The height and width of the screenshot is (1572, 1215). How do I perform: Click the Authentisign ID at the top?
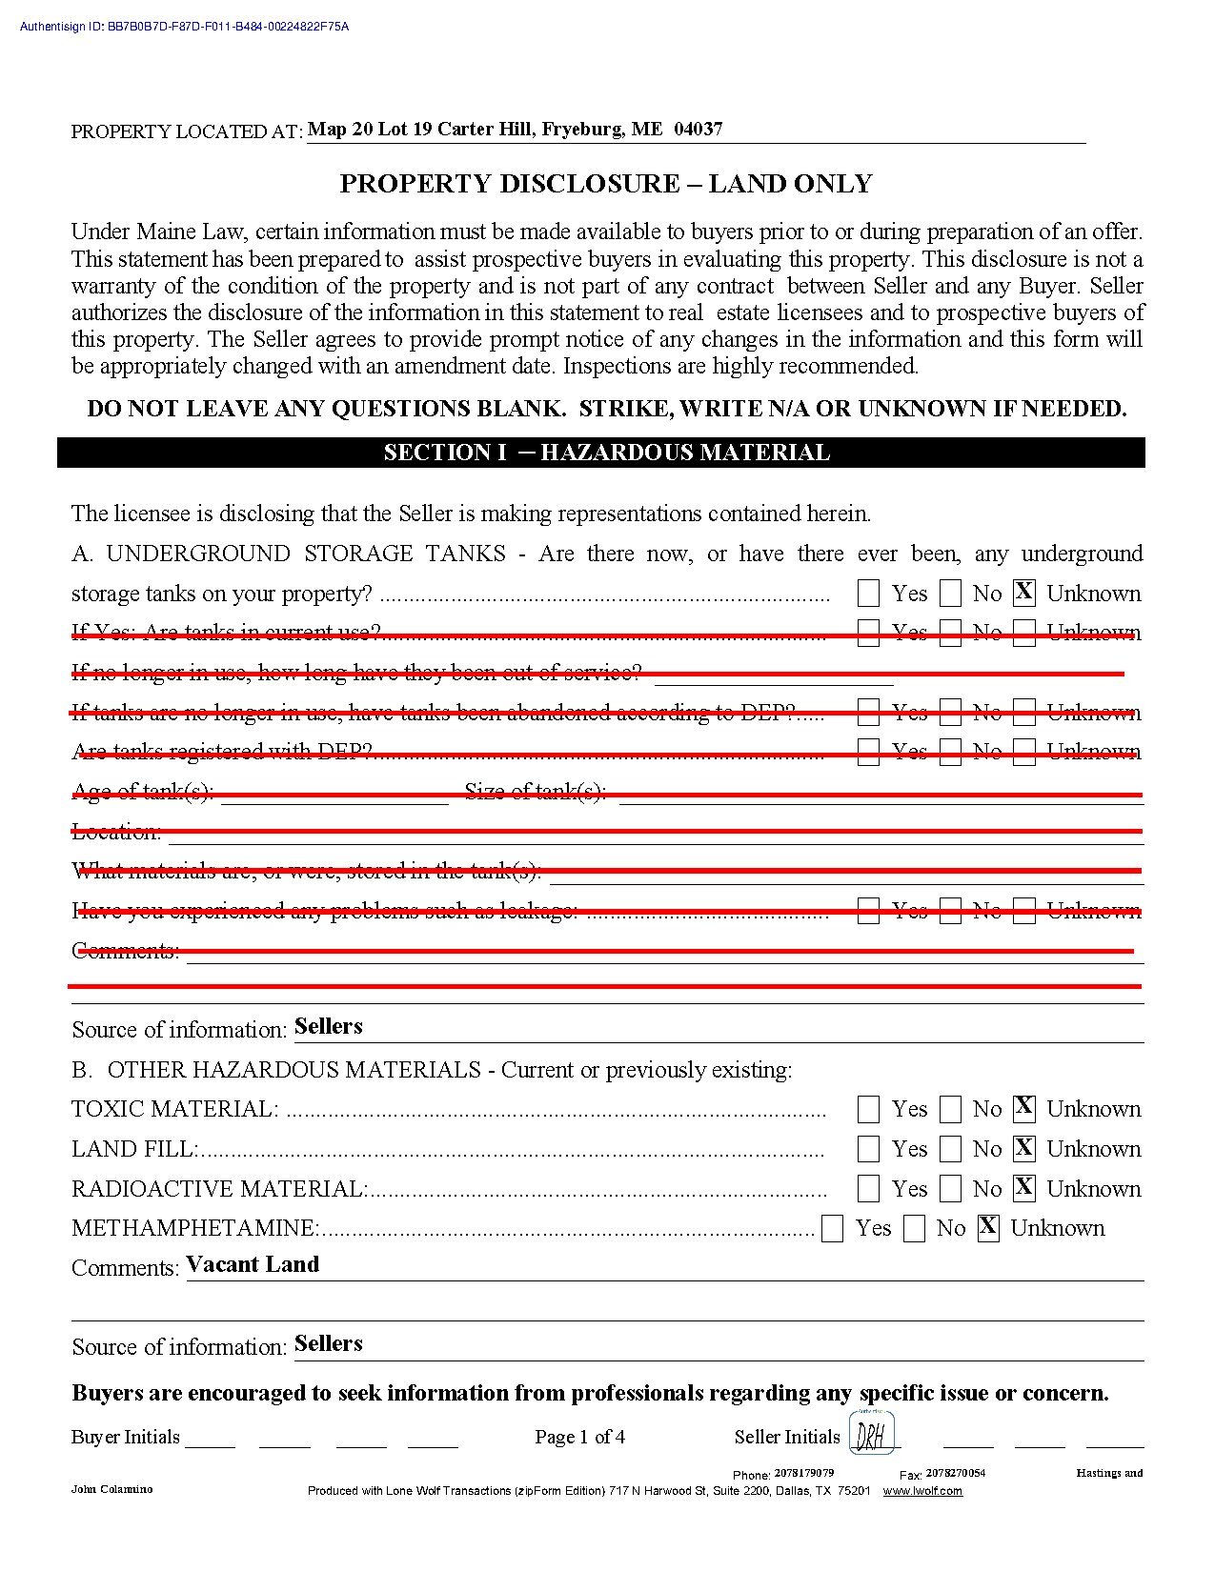click(x=185, y=27)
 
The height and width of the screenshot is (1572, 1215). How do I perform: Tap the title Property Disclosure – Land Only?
click(x=606, y=184)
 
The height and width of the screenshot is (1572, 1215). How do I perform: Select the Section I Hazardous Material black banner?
click(x=606, y=453)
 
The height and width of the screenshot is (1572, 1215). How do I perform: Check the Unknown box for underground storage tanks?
click(x=1024, y=593)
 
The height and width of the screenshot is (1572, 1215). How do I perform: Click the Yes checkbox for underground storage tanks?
click(x=868, y=594)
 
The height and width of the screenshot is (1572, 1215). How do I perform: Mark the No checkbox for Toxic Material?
click(x=951, y=1109)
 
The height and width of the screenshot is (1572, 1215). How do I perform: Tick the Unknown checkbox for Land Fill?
click(x=1024, y=1148)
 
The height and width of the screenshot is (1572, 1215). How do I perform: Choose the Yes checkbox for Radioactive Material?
click(x=868, y=1189)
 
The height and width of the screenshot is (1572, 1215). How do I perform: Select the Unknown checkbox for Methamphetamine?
click(x=988, y=1228)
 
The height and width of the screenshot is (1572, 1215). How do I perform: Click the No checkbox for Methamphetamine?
click(x=915, y=1229)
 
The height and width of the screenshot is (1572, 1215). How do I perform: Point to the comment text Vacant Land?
click(x=253, y=1264)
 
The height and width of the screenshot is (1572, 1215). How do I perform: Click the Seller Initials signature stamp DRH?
click(x=871, y=1434)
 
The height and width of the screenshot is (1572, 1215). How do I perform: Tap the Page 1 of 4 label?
click(x=579, y=1437)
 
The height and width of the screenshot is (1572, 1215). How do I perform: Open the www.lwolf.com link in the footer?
click(x=922, y=1491)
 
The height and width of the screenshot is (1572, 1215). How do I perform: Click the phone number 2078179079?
click(x=803, y=1473)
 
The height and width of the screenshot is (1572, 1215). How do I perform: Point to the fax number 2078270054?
click(x=955, y=1473)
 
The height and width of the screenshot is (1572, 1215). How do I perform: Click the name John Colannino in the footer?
click(x=111, y=1489)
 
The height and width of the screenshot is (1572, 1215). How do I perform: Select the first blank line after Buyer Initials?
click(x=210, y=1441)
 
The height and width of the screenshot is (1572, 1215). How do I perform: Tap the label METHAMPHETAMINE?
click(x=193, y=1228)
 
